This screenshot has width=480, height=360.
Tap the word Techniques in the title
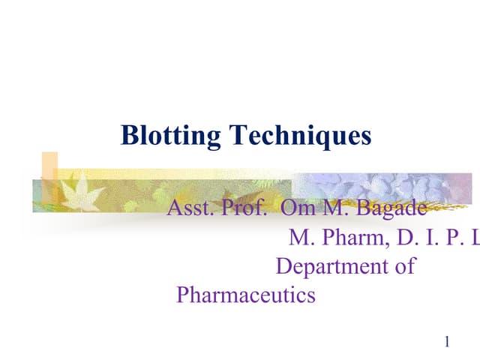point(300,136)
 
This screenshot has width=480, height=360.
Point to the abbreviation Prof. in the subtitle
point(244,208)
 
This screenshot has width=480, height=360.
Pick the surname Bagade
point(390,208)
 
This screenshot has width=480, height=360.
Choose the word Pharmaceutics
point(245,295)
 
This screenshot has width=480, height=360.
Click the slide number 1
point(447,343)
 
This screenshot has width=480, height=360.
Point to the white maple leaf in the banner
point(76,191)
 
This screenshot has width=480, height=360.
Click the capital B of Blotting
point(129,136)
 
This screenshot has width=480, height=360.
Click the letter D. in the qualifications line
point(409,238)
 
